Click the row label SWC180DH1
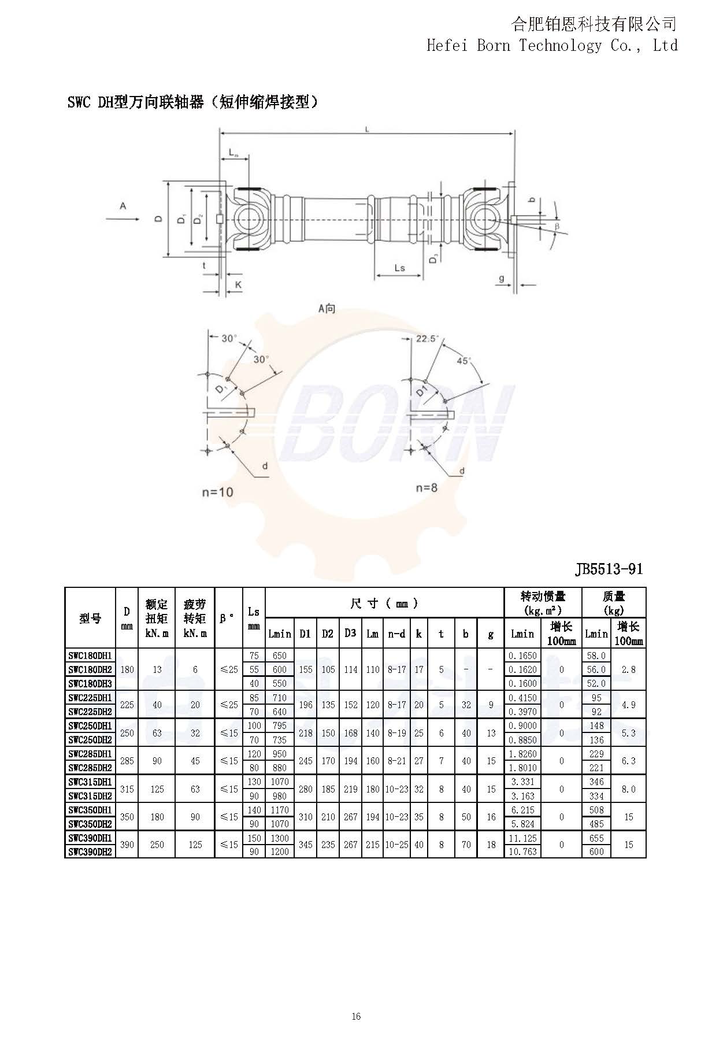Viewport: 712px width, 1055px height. point(90,656)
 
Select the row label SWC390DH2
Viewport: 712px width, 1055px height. point(90,852)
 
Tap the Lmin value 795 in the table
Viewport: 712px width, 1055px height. point(280,726)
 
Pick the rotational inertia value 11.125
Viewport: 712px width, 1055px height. point(522,838)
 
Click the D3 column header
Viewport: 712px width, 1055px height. point(350,633)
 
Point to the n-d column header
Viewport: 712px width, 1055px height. point(396,634)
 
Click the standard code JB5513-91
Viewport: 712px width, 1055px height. point(609,569)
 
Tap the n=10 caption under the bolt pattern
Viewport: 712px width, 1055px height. point(218,492)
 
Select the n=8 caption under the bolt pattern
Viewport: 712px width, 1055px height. point(427,487)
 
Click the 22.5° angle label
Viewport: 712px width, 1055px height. point(427,339)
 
